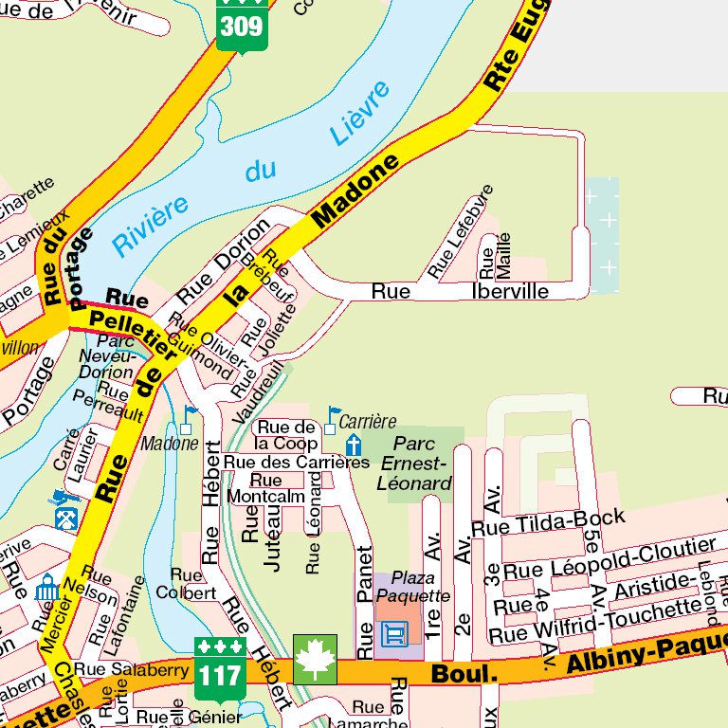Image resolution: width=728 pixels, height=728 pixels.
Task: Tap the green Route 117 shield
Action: point(220,661)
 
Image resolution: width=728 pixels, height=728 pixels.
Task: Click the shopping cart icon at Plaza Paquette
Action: point(393,632)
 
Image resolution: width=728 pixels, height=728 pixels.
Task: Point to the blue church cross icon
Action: point(353,446)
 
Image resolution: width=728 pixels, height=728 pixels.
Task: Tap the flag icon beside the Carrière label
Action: point(331,418)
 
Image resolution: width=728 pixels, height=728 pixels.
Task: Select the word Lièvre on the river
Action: point(360,113)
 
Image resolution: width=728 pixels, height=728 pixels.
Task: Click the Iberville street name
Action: point(510,292)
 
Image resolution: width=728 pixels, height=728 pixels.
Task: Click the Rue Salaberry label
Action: point(118,669)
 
